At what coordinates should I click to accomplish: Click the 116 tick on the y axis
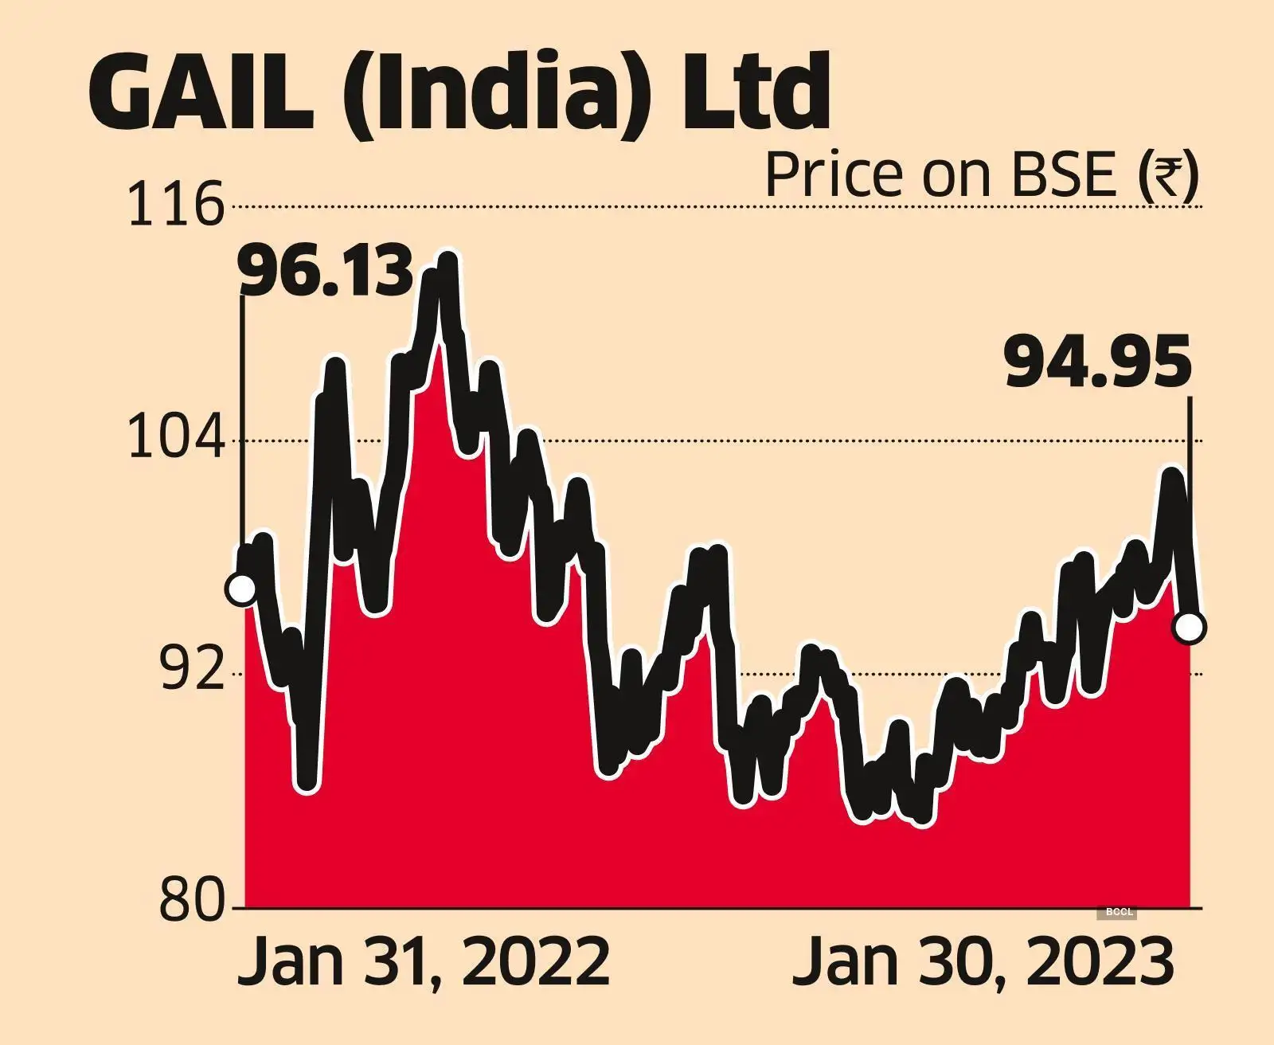click(174, 205)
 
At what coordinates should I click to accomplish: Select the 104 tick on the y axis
click(174, 440)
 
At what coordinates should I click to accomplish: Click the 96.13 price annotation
click(326, 272)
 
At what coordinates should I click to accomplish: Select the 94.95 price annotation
click(1098, 362)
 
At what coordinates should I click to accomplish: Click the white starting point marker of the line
click(241, 589)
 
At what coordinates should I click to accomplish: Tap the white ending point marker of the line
click(1190, 628)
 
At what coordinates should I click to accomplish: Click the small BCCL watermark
click(1119, 913)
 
